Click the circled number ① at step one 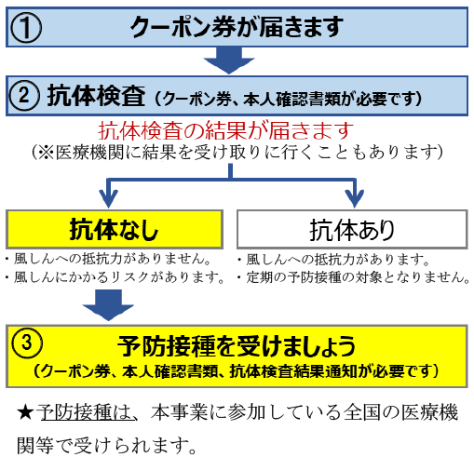pos(26,27)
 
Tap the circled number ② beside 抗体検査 pos(24,96)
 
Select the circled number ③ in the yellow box pos(27,343)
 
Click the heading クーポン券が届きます pos(237,27)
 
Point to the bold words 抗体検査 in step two pos(96,96)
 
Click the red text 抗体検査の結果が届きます pos(226,130)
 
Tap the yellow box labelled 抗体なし pos(115,229)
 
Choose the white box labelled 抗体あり pos(352,229)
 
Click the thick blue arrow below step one pos(229,60)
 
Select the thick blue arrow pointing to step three pos(108,305)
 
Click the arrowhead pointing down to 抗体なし pos(108,197)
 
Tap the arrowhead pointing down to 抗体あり pos(355,197)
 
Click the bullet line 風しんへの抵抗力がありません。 pos(110,259)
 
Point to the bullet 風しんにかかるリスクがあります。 pos(115,277)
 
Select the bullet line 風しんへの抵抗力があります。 pos(334,260)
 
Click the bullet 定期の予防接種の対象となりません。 pos(354,277)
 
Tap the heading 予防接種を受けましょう pos(237,345)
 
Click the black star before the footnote pos(25,413)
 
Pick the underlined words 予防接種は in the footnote pos(86,412)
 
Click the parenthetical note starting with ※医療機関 pos(237,153)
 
